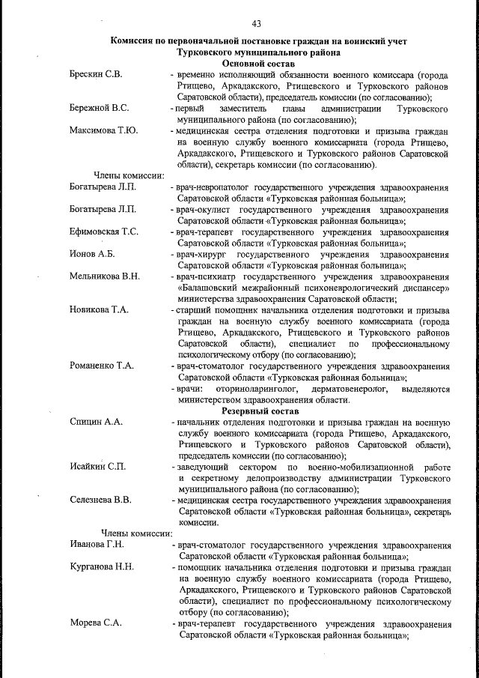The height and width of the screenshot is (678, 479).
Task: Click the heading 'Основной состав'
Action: pyautogui.click(x=255, y=65)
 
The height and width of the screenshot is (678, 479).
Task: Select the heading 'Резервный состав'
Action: pyautogui.click(x=260, y=411)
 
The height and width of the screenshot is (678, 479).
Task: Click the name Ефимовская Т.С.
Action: pyautogui.click(x=103, y=232)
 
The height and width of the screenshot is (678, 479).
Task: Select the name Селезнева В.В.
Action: pyautogui.click(x=100, y=500)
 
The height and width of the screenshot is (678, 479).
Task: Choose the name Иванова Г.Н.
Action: pyautogui.click(x=96, y=545)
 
